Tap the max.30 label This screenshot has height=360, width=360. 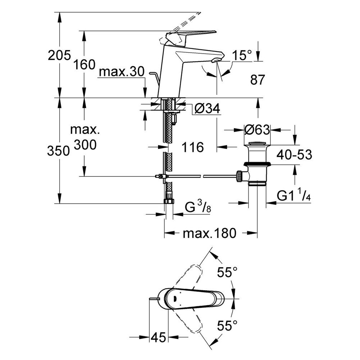tap(121, 72)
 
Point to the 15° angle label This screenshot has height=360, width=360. tap(241, 55)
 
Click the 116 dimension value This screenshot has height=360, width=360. tap(193, 147)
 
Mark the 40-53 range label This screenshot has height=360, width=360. tap(294, 155)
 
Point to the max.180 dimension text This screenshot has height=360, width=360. tap(209, 233)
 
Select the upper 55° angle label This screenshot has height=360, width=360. tap(228, 272)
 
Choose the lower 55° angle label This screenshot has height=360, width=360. tap(228, 327)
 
